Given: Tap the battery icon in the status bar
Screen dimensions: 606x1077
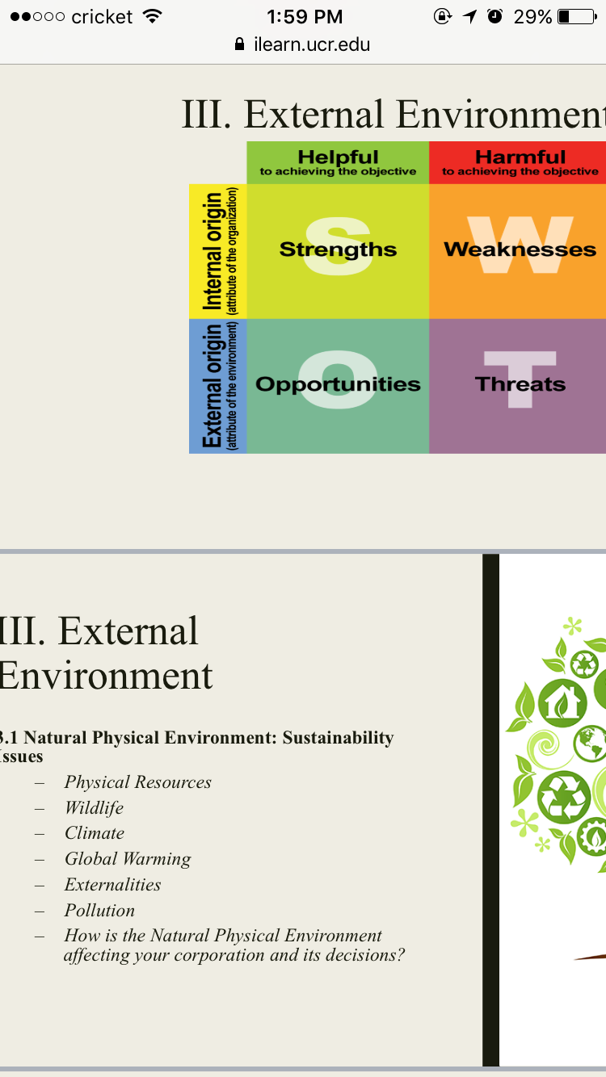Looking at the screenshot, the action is click(577, 17).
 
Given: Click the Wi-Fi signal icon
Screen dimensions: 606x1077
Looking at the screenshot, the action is click(153, 16).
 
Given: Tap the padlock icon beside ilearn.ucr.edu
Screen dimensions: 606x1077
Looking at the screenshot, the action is click(239, 44).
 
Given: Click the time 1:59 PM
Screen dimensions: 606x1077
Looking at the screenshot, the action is click(305, 17).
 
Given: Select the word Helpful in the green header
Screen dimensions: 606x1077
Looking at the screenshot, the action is click(338, 157).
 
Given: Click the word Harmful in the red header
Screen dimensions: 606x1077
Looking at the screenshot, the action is click(520, 157).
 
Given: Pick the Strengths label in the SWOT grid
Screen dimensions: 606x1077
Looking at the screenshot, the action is click(338, 249).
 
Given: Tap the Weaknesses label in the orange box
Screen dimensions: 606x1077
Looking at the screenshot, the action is click(520, 249).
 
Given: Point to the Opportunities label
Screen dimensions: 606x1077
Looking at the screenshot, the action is click(338, 384).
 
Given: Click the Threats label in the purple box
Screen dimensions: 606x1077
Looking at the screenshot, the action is click(520, 383).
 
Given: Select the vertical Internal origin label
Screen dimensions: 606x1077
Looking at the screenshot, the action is click(213, 251).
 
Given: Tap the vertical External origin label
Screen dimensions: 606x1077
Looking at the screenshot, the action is click(213, 386).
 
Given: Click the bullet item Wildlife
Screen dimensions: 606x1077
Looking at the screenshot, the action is click(95, 807).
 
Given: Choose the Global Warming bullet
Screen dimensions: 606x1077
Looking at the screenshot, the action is click(128, 859).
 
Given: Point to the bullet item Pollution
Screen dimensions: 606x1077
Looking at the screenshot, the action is click(99, 910).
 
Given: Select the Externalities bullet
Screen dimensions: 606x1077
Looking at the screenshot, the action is click(112, 885).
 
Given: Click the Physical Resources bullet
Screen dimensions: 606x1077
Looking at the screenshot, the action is click(138, 782).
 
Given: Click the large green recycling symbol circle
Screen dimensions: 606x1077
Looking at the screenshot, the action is click(564, 797).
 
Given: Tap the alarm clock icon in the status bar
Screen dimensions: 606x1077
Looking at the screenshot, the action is click(494, 16).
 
